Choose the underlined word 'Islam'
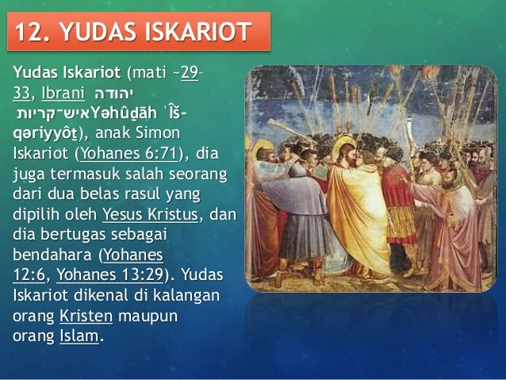(79, 337)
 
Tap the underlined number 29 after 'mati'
(190, 75)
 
